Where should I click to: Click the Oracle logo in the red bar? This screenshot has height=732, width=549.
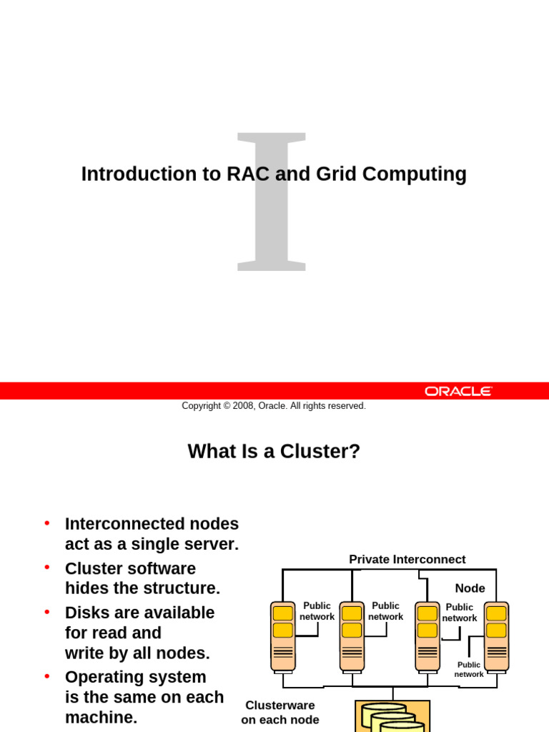[x=458, y=391]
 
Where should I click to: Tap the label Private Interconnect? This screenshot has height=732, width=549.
[x=407, y=560]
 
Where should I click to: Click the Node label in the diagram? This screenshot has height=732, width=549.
[x=470, y=588]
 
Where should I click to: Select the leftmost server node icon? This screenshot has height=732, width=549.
[x=283, y=636]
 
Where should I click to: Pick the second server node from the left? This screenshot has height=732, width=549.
[x=352, y=636]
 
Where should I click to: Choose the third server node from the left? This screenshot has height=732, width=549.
[x=427, y=636]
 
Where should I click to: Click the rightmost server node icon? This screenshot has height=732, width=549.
[x=496, y=636]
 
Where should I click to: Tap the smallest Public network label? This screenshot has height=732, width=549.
[x=469, y=670]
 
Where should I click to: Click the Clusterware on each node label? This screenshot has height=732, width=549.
[x=280, y=713]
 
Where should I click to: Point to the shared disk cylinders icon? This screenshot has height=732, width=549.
[x=392, y=717]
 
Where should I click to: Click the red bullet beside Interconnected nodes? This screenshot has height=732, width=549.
[x=47, y=523]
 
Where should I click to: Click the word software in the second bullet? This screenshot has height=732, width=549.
[x=162, y=569]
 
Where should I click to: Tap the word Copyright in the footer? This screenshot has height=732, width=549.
[x=201, y=406]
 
